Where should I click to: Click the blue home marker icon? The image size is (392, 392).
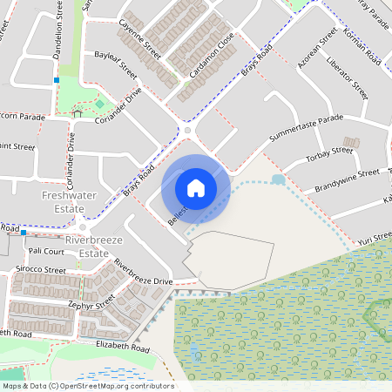click(x=196, y=187)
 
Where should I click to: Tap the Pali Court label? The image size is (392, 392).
click(x=47, y=251)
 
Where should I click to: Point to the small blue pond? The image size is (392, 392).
click(x=278, y=179)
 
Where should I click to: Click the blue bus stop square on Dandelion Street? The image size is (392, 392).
click(x=56, y=80)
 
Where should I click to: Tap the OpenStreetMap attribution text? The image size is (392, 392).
click(x=87, y=385)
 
